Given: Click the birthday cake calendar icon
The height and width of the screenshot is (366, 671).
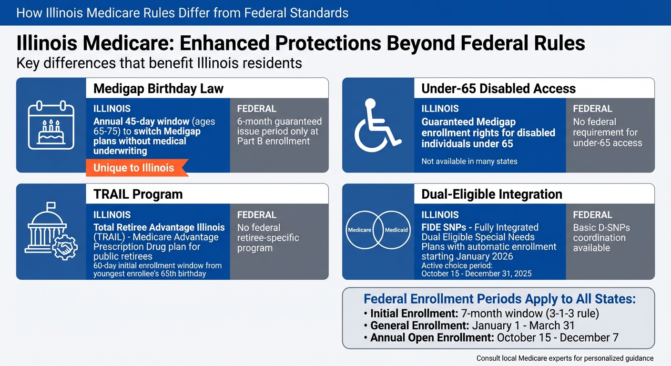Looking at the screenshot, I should (51, 125).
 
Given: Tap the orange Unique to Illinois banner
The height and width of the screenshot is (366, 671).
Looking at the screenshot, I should (134, 168).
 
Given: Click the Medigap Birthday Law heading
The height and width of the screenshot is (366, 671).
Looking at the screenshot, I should (159, 89).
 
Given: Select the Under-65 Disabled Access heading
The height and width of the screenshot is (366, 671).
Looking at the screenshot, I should (498, 89).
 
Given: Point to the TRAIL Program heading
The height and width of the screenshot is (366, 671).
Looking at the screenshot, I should (138, 194).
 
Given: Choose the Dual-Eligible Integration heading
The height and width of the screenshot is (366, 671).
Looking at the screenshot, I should (492, 194).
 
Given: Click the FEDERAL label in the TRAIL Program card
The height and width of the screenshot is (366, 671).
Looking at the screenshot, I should (256, 215).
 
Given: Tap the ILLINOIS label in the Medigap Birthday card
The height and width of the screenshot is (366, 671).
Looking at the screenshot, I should (112, 109).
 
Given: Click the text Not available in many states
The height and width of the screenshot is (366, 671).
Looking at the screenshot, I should (469, 162).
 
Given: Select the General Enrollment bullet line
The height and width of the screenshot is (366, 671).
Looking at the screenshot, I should (472, 326).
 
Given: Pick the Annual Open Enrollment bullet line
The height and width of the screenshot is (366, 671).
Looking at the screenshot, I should (494, 338).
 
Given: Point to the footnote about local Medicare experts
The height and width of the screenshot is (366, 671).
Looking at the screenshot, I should (565, 358).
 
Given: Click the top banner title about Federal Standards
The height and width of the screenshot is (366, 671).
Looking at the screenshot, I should (182, 12).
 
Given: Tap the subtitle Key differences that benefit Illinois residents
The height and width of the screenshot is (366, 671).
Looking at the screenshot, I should (159, 63).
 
